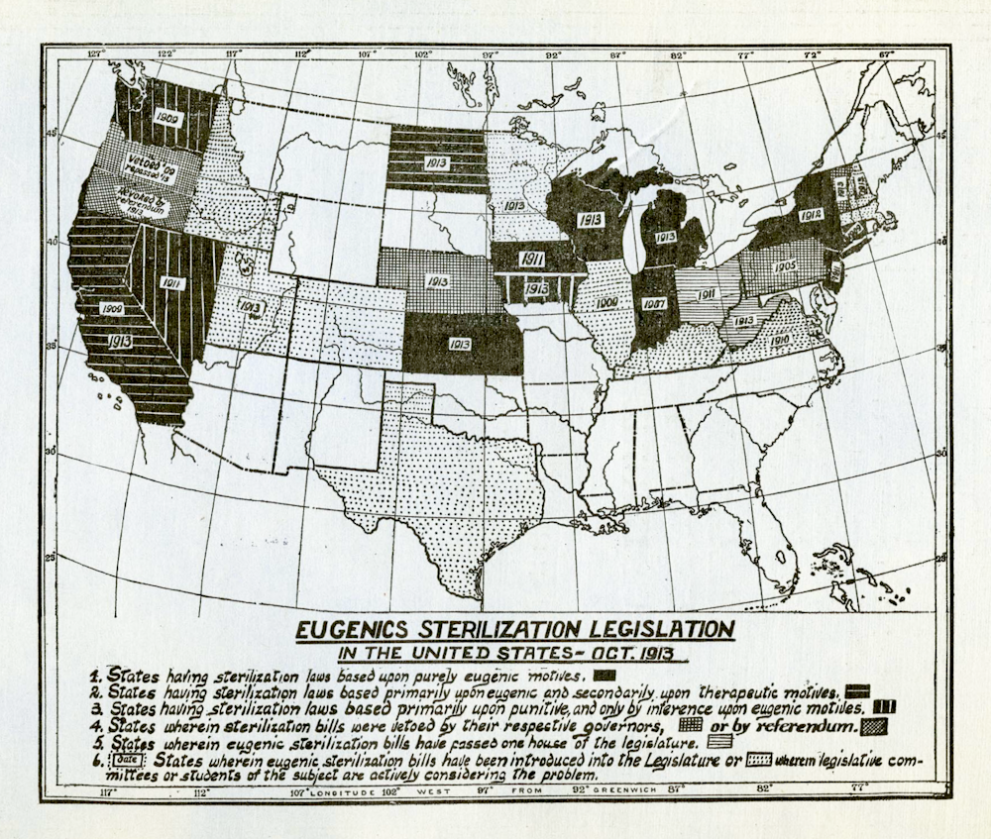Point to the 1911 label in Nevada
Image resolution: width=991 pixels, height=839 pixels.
click(x=171, y=282)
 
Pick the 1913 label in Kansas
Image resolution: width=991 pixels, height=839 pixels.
click(x=459, y=345)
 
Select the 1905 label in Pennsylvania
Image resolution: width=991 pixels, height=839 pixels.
click(x=784, y=266)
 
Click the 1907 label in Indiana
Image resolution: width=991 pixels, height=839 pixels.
click(x=653, y=305)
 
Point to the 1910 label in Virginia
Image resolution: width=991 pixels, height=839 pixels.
click(x=778, y=339)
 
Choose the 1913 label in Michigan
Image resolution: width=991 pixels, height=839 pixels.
click(x=665, y=237)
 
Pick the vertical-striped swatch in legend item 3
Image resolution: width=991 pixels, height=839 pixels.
click(x=884, y=707)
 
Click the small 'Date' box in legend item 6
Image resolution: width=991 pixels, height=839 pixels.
click(x=129, y=760)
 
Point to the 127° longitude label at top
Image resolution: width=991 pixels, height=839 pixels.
click(x=95, y=52)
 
